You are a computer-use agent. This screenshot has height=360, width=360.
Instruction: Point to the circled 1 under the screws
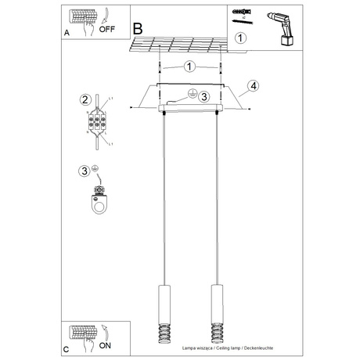click(x=241, y=37)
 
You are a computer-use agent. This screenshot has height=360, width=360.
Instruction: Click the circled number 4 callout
click(x=252, y=85)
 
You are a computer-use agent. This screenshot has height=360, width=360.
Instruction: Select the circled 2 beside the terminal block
click(x=85, y=99)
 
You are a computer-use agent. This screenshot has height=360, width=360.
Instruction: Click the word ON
click(x=104, y=342)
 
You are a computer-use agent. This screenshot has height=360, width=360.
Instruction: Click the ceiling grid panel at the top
click(x=188, y=45)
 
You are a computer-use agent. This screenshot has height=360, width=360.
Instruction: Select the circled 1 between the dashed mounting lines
click(x=189, y=67)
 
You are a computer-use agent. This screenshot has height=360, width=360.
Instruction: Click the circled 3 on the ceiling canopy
click(x=202, y=97)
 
